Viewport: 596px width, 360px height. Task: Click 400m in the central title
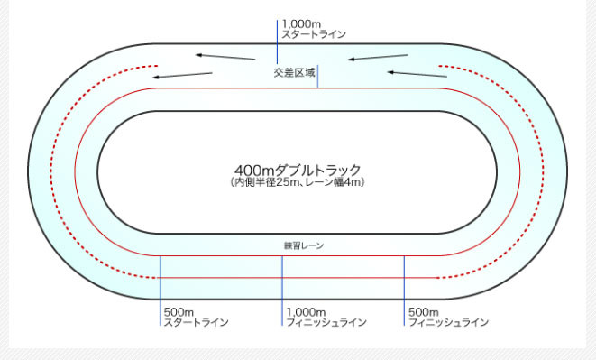(252, 170)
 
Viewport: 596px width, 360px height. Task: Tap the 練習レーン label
(297, 245)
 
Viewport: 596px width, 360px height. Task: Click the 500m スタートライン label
(196, 317)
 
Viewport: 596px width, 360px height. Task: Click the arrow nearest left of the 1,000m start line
(225, 56)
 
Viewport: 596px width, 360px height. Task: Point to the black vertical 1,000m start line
(277, 41)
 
